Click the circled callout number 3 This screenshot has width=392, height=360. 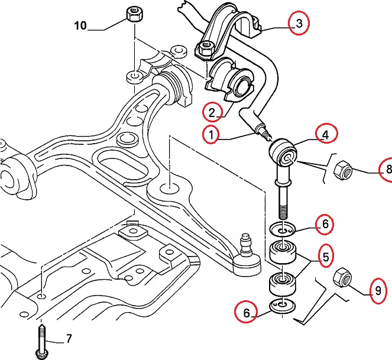[x=299, y=24]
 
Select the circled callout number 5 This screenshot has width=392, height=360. [x=325, y=256]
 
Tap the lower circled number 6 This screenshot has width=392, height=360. [x=246, y=312]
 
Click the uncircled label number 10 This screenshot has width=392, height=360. [x=80, y=25]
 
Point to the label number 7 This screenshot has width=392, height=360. [x=69, y=339]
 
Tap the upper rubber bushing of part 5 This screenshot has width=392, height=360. [x=283, y=253]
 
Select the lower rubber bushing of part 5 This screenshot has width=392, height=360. [x=283, y=283]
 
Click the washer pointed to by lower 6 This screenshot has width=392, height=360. [x=280, y=306]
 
